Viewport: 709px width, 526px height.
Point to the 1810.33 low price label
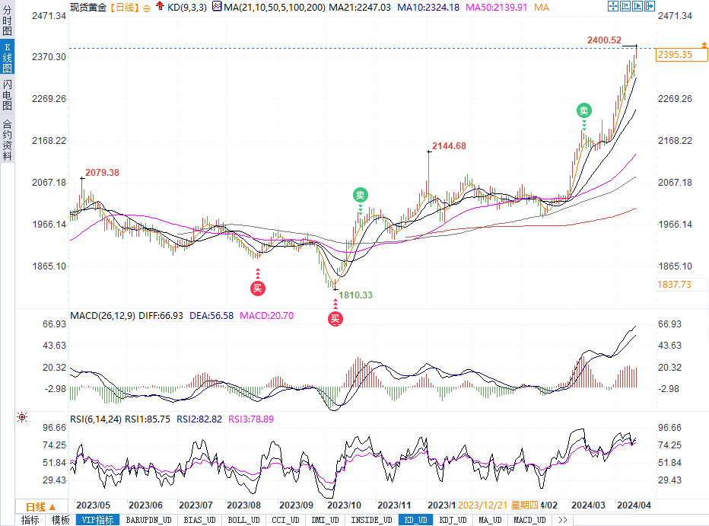355,295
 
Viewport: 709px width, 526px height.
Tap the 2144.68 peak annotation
449,146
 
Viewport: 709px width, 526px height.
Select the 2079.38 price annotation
102,173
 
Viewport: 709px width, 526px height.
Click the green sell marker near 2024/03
583,111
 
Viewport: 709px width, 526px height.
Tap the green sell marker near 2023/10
360,195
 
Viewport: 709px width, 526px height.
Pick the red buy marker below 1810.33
335,320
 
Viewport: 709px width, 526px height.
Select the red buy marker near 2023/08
258,288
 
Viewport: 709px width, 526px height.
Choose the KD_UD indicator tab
415,521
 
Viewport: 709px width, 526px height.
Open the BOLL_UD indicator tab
243,521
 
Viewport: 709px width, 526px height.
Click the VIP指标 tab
98,521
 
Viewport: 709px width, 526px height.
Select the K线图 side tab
7,57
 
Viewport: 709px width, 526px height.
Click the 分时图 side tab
7,20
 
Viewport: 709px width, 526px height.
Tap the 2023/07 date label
196,505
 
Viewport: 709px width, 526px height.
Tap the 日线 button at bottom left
40,507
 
